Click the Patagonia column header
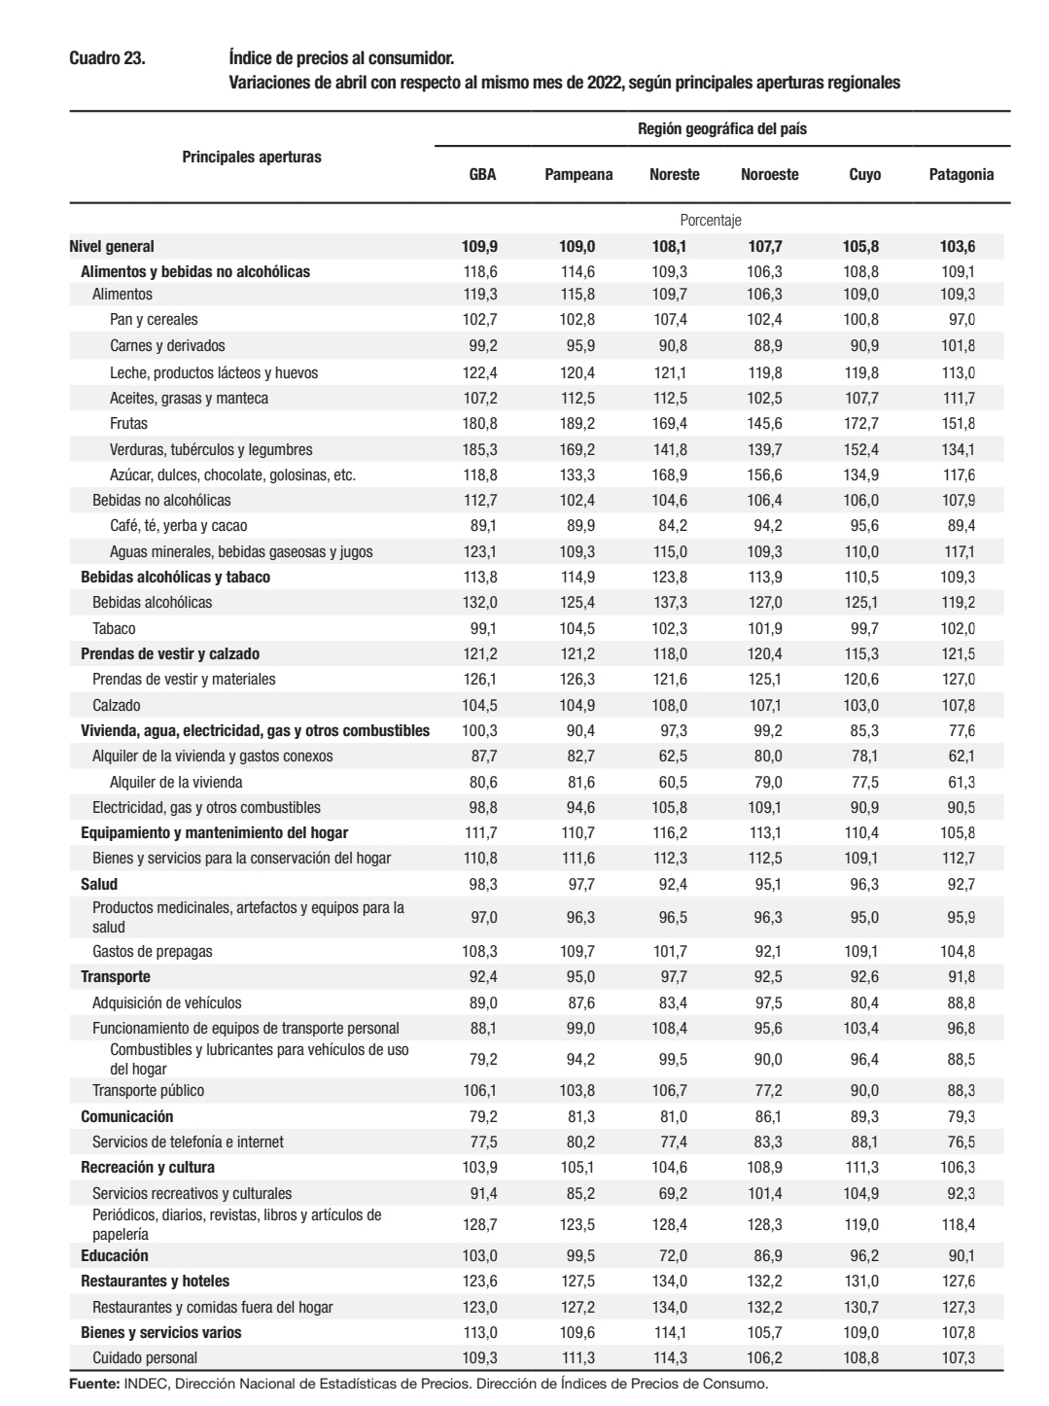961,175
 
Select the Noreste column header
674,175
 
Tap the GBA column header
482,175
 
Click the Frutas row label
128,423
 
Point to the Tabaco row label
114,628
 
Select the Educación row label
115,1255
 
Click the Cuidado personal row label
145,1357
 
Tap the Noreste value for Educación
670,1255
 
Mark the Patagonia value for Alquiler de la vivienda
959,782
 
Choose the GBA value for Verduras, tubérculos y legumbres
478,449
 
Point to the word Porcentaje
711,221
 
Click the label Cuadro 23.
107,58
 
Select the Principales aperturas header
252,156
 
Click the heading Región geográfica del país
721,128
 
